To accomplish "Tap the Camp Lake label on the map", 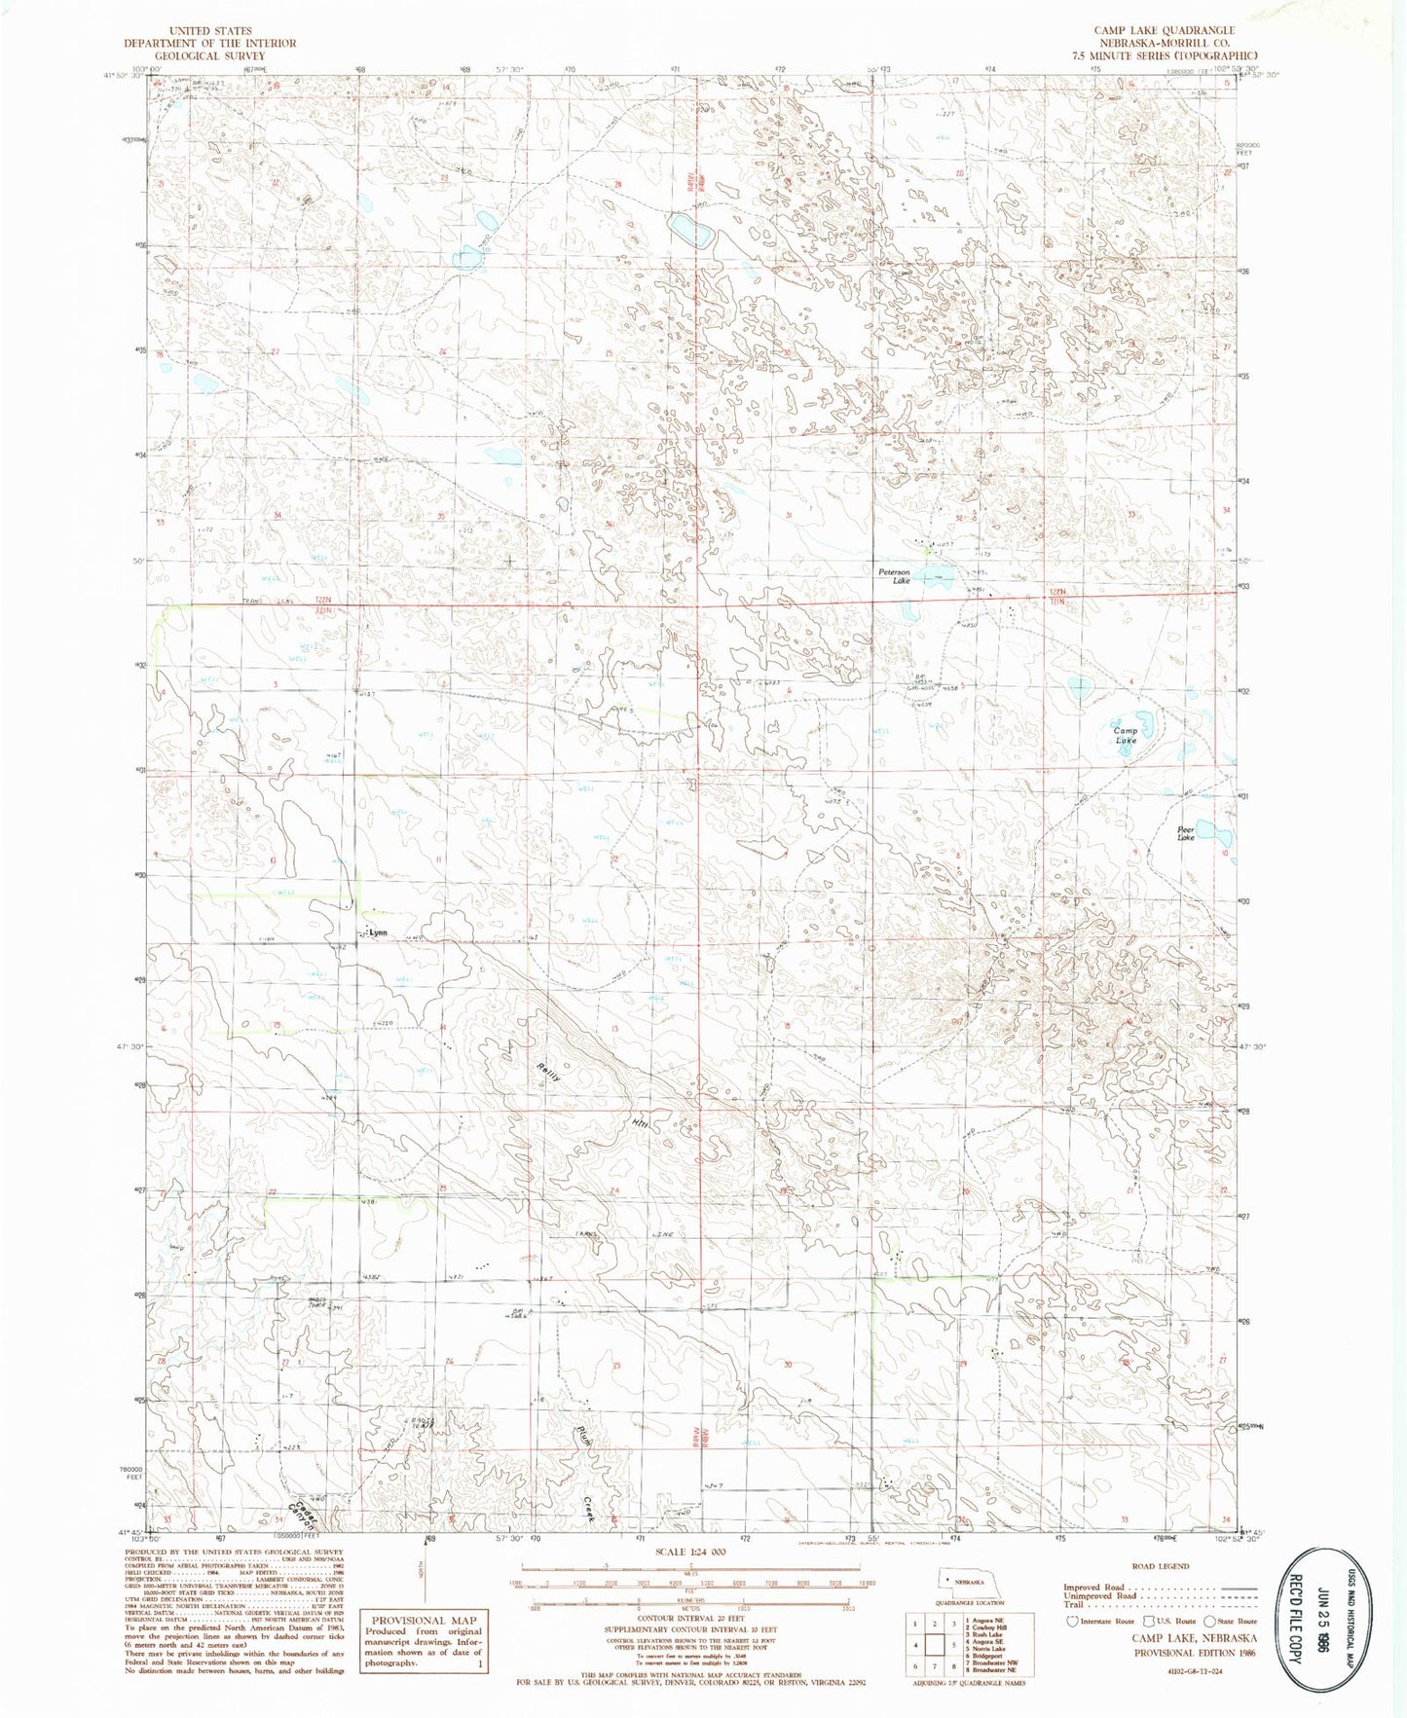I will pyautogui.click(x=1125, y=735).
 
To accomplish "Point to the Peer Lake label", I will pyautogui.click(x=1185, y=833).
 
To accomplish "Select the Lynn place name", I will pyautogui.click(x=378, y=932).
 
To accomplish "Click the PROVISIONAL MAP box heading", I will pyautogui.click(x=423, y=1621).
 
